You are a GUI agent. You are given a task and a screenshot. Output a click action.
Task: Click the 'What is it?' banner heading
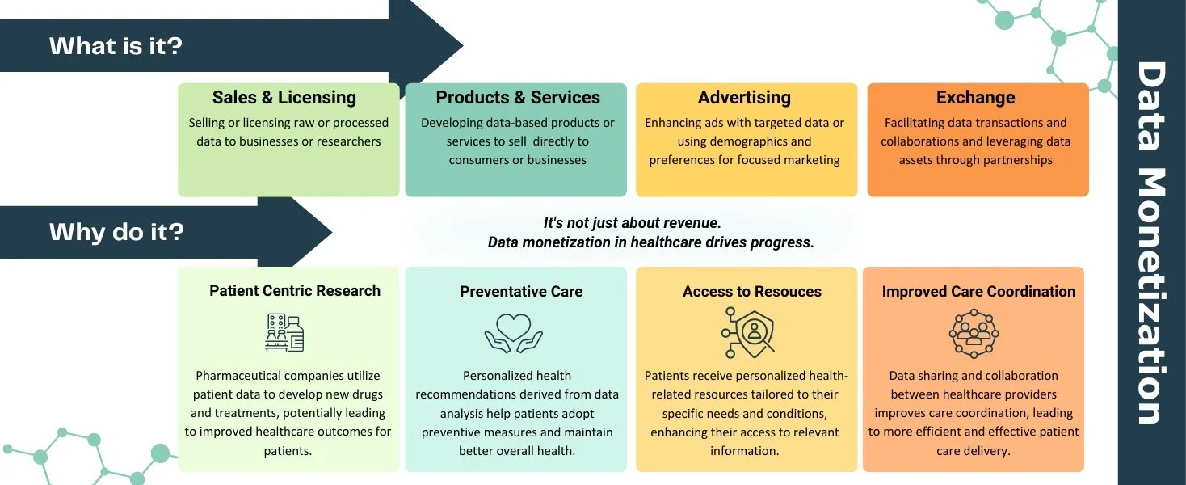(116, 45)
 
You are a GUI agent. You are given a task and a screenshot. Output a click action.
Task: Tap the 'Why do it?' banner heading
(116, 233)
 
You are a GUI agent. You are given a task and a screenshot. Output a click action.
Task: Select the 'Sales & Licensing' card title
(284, 98)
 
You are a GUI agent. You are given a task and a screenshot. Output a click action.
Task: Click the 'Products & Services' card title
(518, 98)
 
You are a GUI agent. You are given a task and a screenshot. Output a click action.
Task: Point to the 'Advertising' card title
(744, 98)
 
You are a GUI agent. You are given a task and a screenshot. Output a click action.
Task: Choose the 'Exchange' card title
(975, 98)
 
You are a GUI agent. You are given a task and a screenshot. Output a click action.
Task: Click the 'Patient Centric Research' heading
(295, 291)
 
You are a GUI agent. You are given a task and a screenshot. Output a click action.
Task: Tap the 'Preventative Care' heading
(521, 292)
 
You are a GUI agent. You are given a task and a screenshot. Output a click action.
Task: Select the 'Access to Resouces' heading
(752, 292)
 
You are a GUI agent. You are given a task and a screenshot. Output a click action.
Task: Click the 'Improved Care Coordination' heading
(978, 292)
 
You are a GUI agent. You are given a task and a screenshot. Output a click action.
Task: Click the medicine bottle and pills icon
(284, 332)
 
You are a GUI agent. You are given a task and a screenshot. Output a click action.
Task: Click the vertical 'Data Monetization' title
(1150, 242)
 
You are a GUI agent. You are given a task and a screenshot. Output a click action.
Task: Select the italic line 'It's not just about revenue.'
(632, 223)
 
